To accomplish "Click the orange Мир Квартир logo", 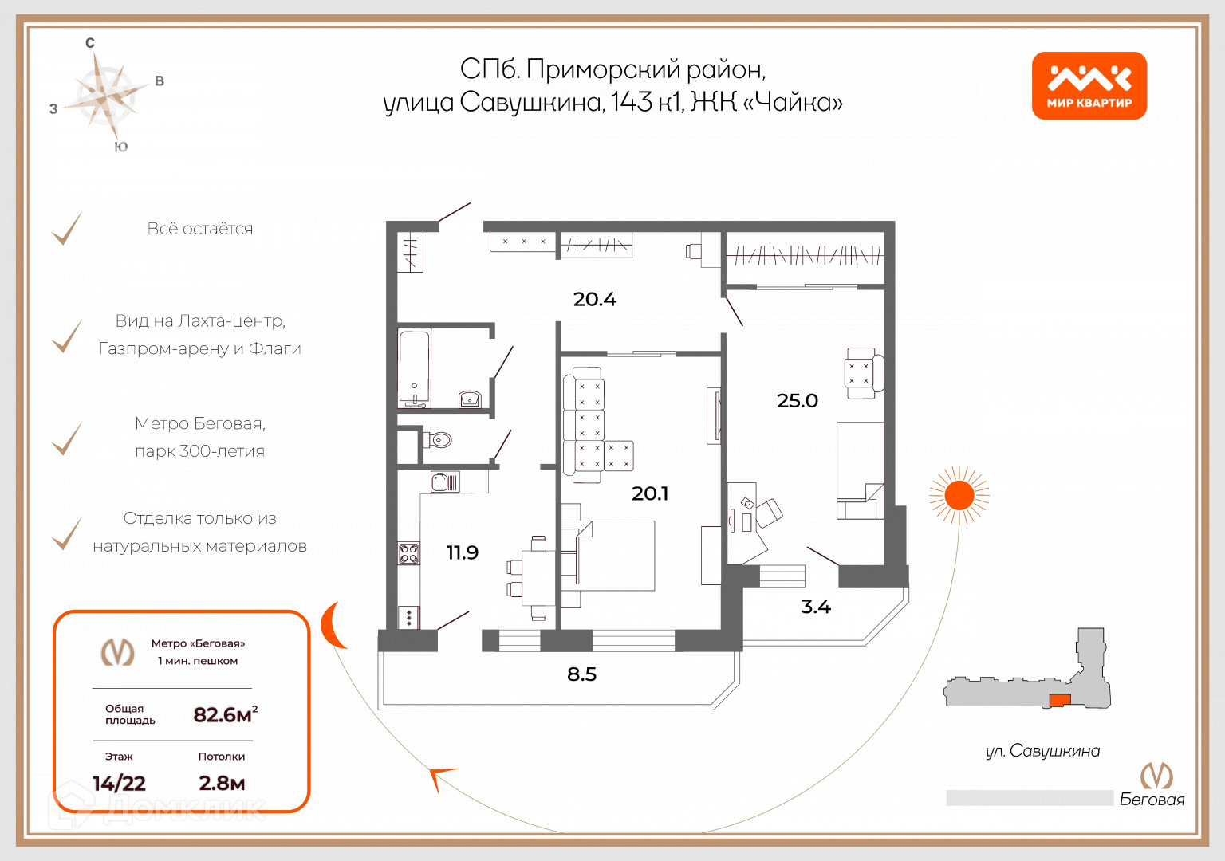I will coord(1089,86).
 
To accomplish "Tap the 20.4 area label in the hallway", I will coord(594,299).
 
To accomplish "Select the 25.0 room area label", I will coord(797,400).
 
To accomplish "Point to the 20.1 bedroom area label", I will coord(649,493).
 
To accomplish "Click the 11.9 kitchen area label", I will coord(462,552).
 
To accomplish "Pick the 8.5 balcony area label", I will coord(581,674).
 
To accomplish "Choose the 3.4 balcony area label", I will coord(815,607).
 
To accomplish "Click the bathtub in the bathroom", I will coord(414,368).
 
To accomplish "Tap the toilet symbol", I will coord(439,439).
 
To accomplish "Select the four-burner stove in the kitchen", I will coord(408,553).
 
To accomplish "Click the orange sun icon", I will coord(959,496).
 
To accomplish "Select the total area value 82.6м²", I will coord(225,714).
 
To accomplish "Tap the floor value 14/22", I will coord(119,784).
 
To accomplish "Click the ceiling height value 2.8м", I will coord(222,784).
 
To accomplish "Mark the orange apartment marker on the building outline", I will coord(1059,700).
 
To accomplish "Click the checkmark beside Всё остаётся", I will coord(68,229).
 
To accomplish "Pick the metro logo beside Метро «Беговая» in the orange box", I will coord(117,652).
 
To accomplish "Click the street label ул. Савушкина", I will coord(1042,751).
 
